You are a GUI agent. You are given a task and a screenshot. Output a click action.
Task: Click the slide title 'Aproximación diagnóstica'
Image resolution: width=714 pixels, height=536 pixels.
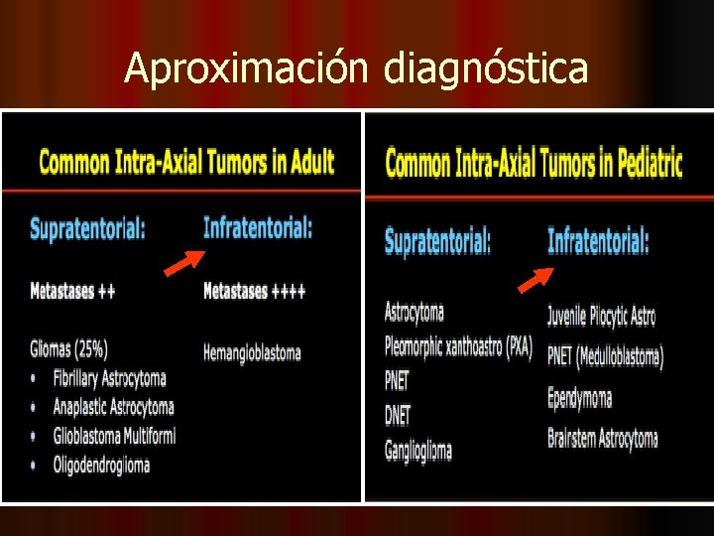(x=356, y=68)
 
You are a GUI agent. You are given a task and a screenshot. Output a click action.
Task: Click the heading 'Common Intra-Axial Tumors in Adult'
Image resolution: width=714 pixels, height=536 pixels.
(x=186, y=162)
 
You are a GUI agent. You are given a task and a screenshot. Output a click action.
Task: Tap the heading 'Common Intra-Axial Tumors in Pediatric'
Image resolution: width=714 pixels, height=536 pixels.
(x=534, y=163)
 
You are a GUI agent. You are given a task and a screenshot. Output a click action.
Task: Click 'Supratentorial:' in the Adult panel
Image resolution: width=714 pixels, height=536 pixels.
(x=88, y=228)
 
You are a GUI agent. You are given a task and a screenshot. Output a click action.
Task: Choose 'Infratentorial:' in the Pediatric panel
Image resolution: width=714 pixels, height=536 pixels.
(x=599, y=240)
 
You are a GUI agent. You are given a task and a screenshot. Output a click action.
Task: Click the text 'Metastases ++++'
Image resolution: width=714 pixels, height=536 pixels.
(x=255, y=291)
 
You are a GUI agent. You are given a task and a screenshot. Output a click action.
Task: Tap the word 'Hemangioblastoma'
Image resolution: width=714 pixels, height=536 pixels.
(x=252, y=352)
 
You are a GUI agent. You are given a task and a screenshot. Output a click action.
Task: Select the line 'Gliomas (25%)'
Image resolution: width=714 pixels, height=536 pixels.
(x=69, y=348)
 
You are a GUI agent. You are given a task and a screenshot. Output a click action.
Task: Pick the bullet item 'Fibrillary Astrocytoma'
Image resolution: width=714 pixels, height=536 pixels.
(x=110, y=378)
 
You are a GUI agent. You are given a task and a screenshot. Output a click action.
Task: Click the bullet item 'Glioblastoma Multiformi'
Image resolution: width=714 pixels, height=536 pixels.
(x=114, y=436)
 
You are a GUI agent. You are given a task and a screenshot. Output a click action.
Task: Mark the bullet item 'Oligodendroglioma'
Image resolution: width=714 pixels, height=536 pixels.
(x=102, y=465)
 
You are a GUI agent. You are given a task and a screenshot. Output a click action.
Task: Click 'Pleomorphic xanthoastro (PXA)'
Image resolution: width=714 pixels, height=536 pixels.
(x=458, y=347)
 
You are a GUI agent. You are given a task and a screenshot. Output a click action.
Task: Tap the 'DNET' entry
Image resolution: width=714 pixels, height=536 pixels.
(x=398, y=415)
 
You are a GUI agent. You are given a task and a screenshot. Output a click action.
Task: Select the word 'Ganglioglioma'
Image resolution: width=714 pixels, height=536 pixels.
(x=418, y=450)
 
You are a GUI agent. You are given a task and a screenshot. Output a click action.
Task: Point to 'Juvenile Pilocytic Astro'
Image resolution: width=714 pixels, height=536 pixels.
(x=601, y=317)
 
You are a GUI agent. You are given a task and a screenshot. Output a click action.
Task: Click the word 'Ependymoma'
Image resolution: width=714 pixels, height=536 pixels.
(x=579, y=398)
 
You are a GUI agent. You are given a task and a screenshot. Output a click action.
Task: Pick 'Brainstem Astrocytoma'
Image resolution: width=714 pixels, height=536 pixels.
(x=602, y=438)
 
